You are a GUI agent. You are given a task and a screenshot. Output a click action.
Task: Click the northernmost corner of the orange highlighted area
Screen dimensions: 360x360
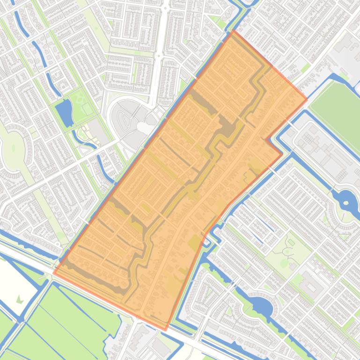(x=233, y=31)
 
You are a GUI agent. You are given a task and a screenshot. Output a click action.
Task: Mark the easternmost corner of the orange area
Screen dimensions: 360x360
(x=307, y=99)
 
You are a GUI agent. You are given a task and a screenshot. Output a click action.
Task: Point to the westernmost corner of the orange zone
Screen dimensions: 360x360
(x=53, y=273)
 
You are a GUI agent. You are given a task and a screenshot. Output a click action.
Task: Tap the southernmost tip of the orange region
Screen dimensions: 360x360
(x=165, y=330)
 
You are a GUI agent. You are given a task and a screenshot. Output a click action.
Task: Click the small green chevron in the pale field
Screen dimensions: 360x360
(x=20, y=299)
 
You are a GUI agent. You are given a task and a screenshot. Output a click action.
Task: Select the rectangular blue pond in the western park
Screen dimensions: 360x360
(x=64, y=113)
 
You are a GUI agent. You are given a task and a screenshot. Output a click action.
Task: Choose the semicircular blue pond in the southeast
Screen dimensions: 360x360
(x=260, y=307)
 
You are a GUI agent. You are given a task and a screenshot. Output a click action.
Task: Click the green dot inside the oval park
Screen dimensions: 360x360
(x=13, y=148)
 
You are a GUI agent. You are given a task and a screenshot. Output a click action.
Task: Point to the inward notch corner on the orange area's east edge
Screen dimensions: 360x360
(x=267, y=139)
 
